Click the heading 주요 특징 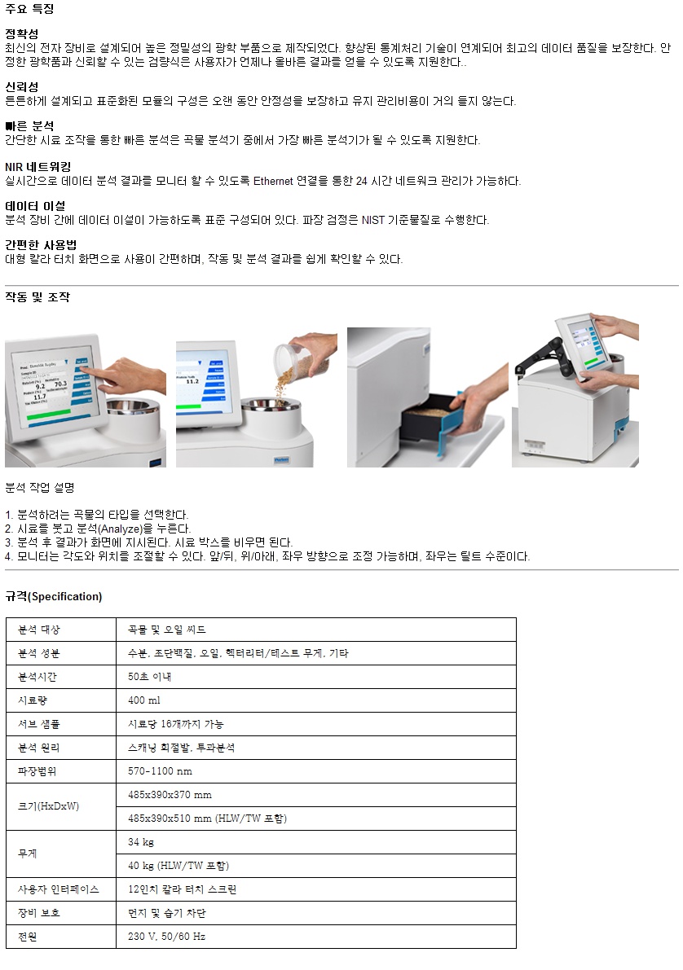tap(29, 9)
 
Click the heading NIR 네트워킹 tap(37, 166)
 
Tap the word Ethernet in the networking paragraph tap(273, 181)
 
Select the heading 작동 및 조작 tap(37, 297)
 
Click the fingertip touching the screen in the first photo tap(84, 370)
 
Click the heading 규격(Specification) tap(54, 596)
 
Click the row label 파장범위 tap(37, 771)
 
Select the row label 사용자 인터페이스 tap(58, 889)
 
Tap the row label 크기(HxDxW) tap(48, 806)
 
